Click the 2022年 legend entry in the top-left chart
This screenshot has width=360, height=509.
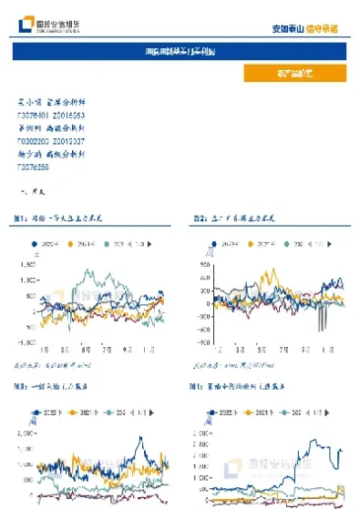point(45,244)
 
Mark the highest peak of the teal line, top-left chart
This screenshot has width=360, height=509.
point(84,270)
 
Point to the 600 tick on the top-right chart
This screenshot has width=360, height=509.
point(203,265)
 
